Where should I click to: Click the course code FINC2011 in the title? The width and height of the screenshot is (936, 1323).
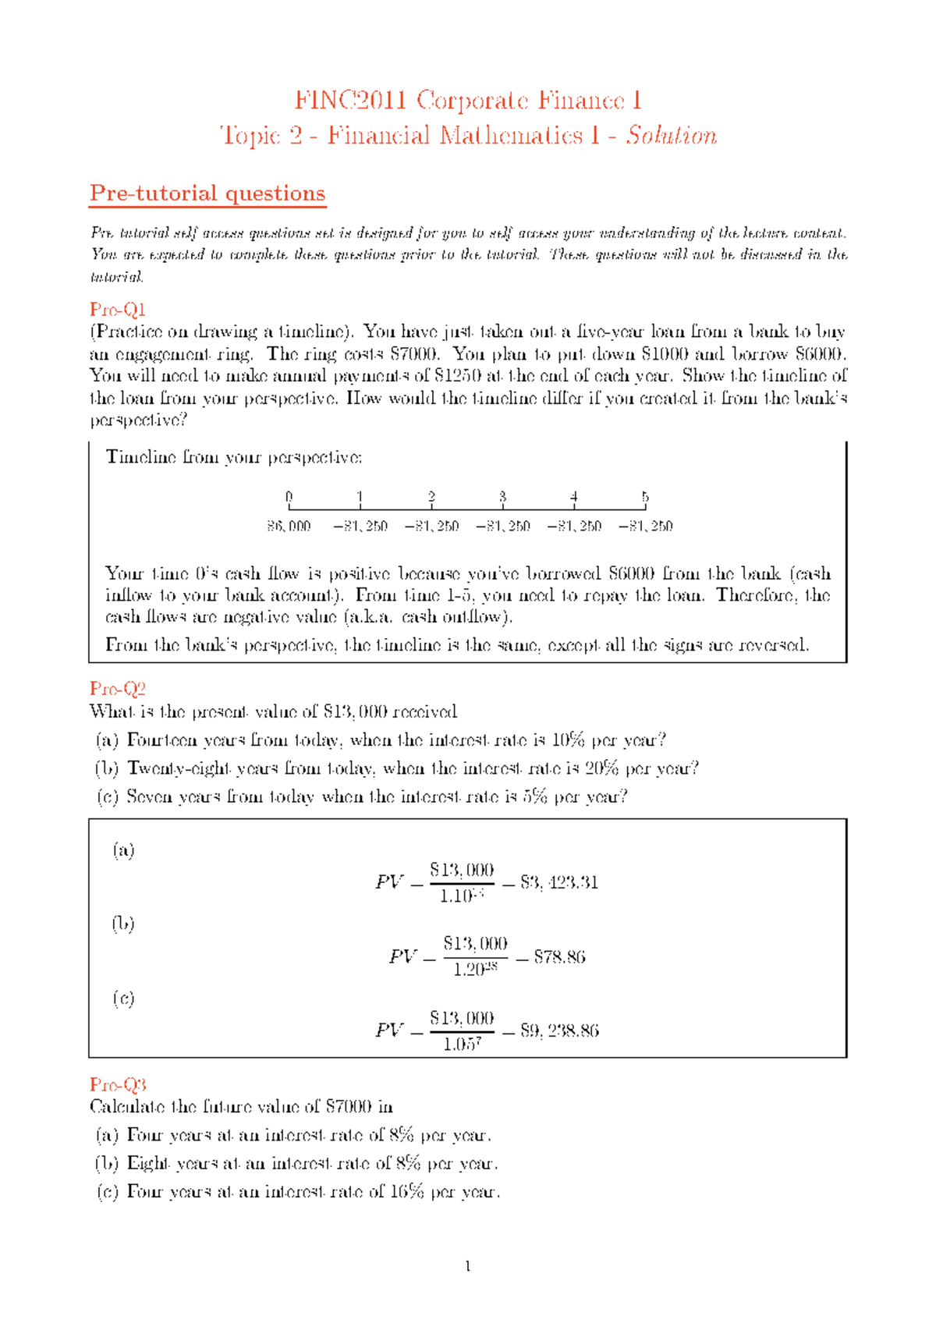pyautogui.click(x=350, y=101)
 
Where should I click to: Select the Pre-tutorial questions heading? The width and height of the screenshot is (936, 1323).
pyautogui.click(x=207, y=193)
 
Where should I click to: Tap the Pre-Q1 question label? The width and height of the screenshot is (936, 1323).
pyautogui.click(x=117, y=309)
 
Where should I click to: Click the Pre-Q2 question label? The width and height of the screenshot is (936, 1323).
pyautogui.click(x=117, y=689)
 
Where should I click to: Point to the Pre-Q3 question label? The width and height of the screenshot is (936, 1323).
pyautogui.click(x=117, y=1084)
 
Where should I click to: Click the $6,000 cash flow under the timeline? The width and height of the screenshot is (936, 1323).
pyautogui.click(x=289, y=527)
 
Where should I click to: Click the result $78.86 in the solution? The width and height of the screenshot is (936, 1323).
pyautogui.click(x=559, y=957)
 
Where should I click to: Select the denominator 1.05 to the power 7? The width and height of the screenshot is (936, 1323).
pyautogui.click(x=462, y=1045)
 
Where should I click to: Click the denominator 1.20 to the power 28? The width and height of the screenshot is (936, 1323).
pyautogui.click(x=475, y=970)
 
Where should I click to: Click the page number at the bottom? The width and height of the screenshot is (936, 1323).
pyautogui.click(x=467, y=1266)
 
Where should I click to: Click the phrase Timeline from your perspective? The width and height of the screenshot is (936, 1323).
pyautogui.click(x=234, y=457)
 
